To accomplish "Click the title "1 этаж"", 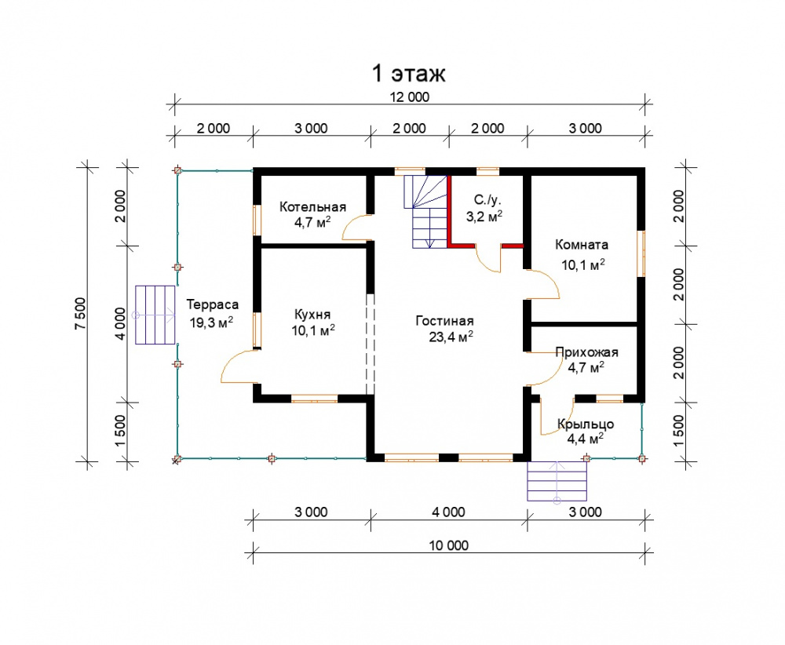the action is (408, 74).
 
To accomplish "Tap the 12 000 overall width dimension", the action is (410, 97).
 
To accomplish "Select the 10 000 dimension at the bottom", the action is (448, 545).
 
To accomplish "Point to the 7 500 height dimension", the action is (81, 314).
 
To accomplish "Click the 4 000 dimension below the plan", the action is (448, 512).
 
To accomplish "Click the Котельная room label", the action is (312, 206).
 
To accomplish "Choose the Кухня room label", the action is (312, 314).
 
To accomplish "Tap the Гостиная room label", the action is (444, 321).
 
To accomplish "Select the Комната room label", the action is (582, 245).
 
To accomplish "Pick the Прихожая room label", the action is (586, 352).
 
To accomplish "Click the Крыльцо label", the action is (586, 425).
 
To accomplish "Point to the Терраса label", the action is (212, 304).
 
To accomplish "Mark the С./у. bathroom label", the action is (487, 200).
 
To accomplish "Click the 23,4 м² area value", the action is (451, 337).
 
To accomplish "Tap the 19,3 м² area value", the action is (211, 322).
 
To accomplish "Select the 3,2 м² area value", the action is (484, 216).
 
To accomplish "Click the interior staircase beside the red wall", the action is (425, 212).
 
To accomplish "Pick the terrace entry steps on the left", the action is (155, 315).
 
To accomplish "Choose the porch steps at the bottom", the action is (557, 481).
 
